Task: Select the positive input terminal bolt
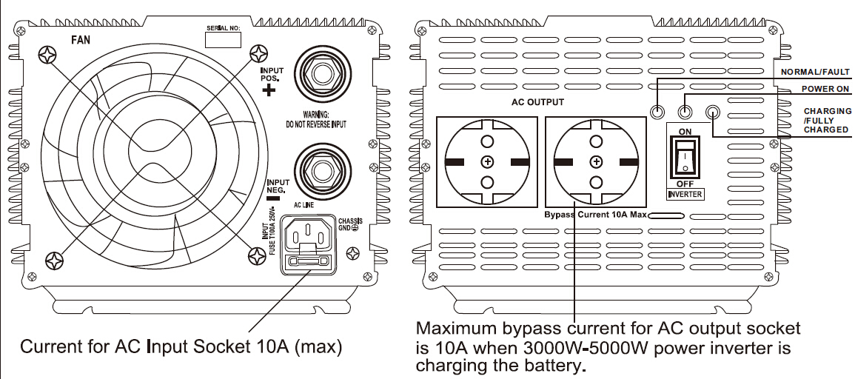(322, 75)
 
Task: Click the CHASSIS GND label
(349, 224)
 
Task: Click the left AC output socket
(486, 162)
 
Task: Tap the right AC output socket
(595, 162)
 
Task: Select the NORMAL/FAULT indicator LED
(657, 113)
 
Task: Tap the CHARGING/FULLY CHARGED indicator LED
(713, 113)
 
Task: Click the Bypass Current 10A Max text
(596, 215)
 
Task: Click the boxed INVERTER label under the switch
(685, 195)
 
